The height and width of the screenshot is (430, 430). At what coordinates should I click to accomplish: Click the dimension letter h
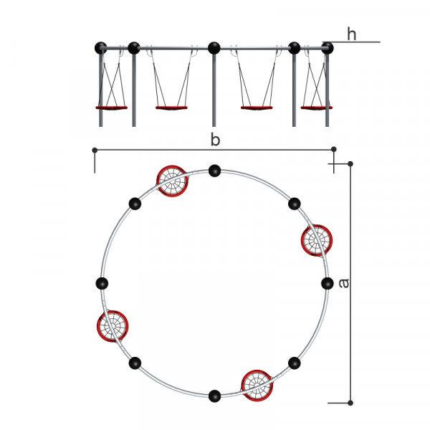coord(352,34)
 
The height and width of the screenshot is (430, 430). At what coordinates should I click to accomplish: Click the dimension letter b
coord(215,139)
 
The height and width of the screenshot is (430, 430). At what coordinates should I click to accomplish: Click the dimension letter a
coord(343,283)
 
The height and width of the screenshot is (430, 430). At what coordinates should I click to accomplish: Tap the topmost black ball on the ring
coord(214,171)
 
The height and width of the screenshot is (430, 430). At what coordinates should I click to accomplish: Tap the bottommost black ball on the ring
coord(214,396)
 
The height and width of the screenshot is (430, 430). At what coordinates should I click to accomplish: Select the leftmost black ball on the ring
coord(102,283)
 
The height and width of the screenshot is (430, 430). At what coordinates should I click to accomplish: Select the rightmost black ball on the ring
coord(328,283)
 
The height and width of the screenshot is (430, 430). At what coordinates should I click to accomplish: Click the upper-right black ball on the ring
coord(295,204)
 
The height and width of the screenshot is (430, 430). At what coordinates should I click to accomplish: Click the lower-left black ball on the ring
coord(135,363)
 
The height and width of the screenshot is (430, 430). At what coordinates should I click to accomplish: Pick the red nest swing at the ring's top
coord(172,181)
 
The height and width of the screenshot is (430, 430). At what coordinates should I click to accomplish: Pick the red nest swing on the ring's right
coord(317,241)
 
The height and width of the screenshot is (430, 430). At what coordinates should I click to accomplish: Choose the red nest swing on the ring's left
coord(113,326)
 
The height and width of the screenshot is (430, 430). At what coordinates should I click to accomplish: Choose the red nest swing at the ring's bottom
coord(257,386)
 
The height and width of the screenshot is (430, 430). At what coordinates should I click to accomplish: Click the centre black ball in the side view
coord(214,48)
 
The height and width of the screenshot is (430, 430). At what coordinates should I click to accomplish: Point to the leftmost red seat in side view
coord(111,107)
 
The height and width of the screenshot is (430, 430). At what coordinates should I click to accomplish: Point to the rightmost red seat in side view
coord(317,107)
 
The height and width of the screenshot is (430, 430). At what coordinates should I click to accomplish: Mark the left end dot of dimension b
coord(95,150)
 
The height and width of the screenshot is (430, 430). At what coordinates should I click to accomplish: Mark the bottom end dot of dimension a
coord(350,403)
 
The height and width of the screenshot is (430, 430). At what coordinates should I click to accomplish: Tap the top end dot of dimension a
coord(350,163)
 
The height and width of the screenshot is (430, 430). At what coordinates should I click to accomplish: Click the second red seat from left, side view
coord(171,107)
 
